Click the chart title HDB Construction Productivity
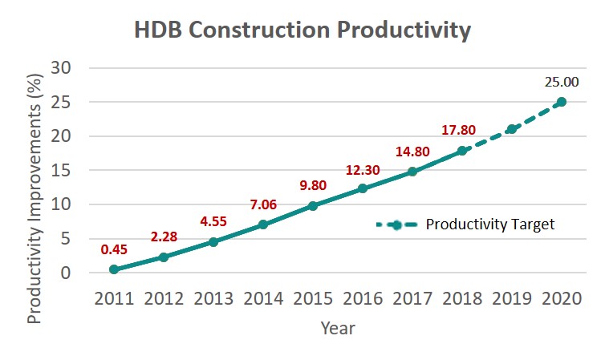click(x=302, y=30)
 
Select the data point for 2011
click(x=114, y=269)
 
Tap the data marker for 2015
click(x=313, y=206)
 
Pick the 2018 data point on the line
click(x=462, y=151)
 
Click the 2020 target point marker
click(x=562, y=102)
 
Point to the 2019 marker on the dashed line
click(x=512, y=129)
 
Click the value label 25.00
click(x=562, y=82)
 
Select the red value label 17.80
click(x=458, y=130)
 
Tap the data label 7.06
click(x=262, y=205)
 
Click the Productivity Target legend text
click(x=490, y=224)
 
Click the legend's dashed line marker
click(x=396, y=224)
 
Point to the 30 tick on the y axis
click(x=62, y=68)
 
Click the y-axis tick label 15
click(x=62, y=171)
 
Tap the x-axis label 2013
click(x=213, y=298)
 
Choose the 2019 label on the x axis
click(x=512, y=298)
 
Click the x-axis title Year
click(x=338, y=328)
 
